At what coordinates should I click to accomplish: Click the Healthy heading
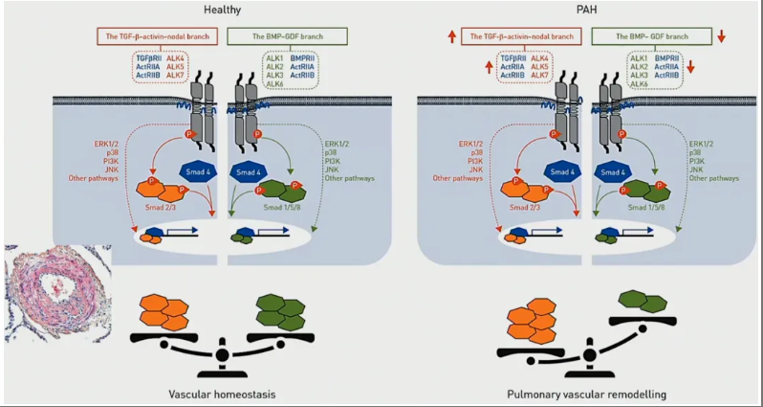(222, 10)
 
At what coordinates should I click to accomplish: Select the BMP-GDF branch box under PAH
(650, 35)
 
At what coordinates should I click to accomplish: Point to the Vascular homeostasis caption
(225, 393)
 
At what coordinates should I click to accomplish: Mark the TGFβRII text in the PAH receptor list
(514, 58)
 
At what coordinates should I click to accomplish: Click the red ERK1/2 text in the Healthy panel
(87, 143)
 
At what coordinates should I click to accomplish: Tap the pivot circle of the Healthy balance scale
(223, 354)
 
